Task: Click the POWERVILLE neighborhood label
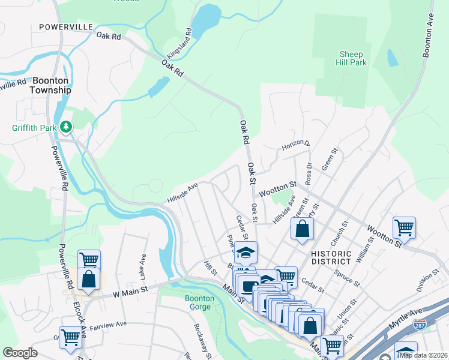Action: tap(65, 27)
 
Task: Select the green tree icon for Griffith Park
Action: tap(67, 127)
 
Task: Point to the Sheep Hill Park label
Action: tap(352, 58)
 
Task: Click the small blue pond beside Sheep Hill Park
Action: tap(393, 58)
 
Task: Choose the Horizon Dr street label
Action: tap(296, 145)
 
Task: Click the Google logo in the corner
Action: tap(20, 353)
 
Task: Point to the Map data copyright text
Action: tap(423, 355)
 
